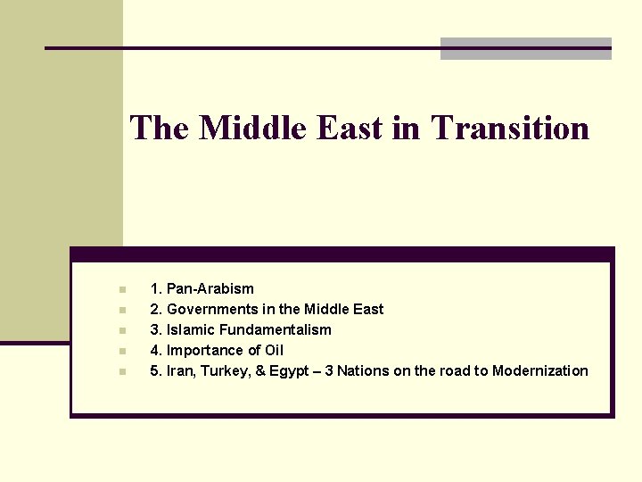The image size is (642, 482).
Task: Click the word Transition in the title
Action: point(510,128)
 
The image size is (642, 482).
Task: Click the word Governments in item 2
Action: point(210,309)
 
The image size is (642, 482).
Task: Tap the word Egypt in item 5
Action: point(292,370)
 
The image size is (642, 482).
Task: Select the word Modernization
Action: point(540,370)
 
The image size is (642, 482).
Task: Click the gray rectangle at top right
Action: point(526,49)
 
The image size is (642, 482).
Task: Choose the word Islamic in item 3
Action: point(189,329)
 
